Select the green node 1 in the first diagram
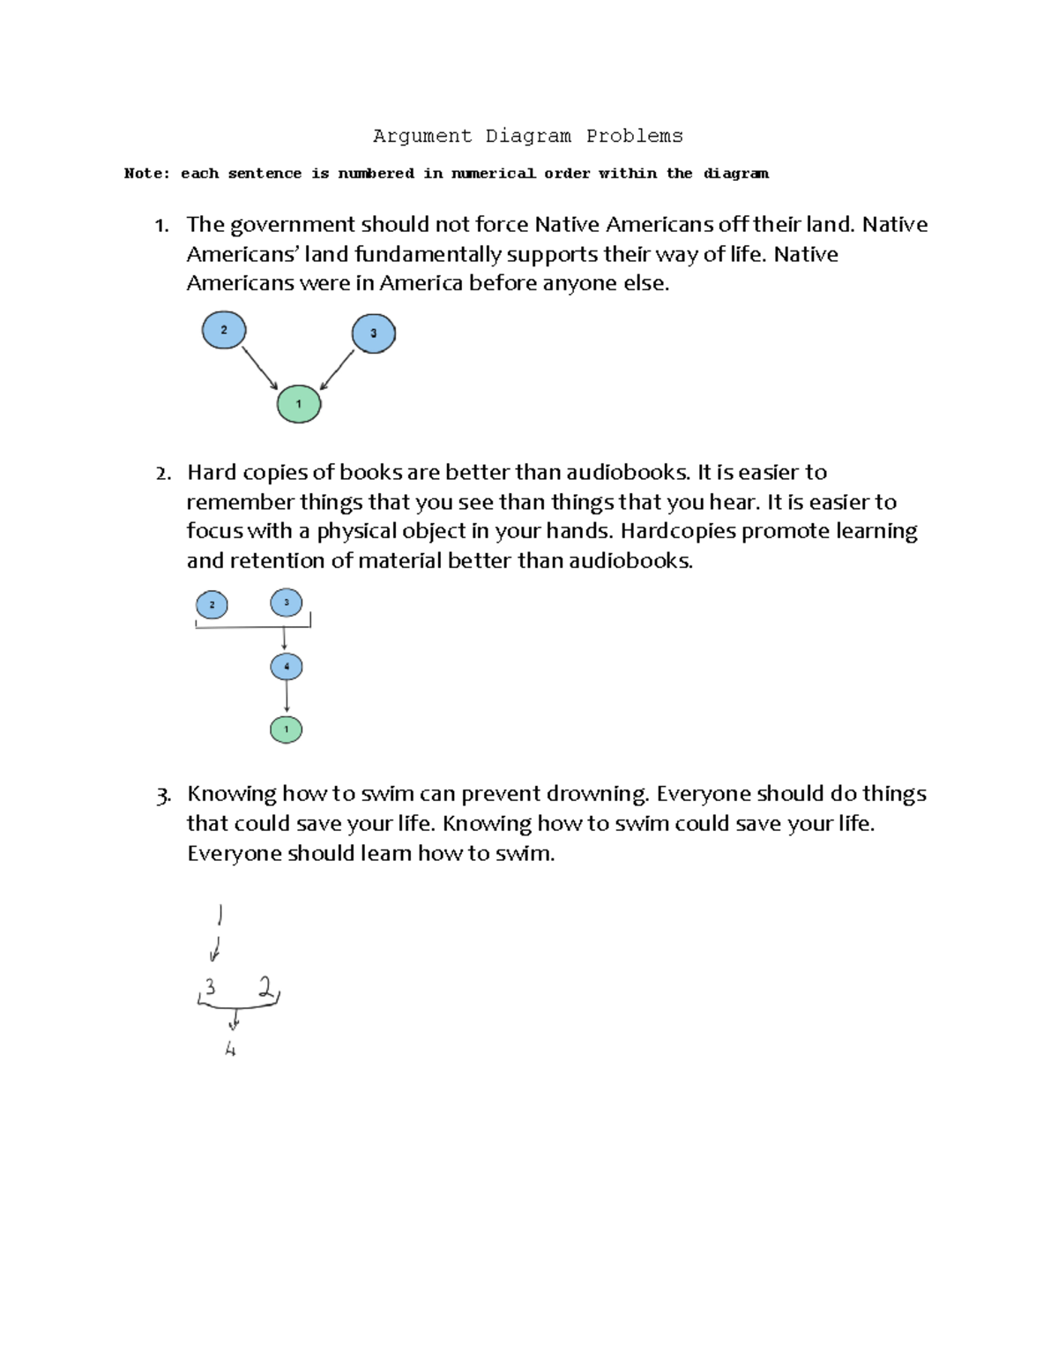(x=299, y=404)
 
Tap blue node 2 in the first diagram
(x=224, y=330)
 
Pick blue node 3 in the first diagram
(x=373, y=333)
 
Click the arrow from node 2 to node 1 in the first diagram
(x=259, y=367)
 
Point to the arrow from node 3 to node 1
(x=338, y=370)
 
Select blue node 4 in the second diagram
(x=287, y=666)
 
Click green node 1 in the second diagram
(x=286, y=730)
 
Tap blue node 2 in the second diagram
(x=212, y=605)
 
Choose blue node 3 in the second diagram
(x=287, y=603)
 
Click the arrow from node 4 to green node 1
(x=287, y=697)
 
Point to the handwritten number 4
(x=230, y=1050)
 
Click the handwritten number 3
(x=210, y=987)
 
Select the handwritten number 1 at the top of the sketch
(x=220, y=915)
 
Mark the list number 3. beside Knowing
(x=162, y=796)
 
